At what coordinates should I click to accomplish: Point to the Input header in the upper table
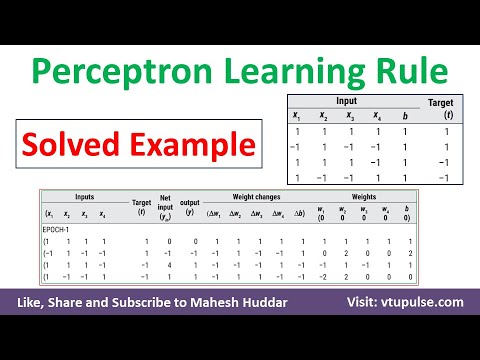coord(345,100)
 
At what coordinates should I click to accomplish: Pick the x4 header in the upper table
coord(375,115)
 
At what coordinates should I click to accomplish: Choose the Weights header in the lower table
coord(364,196)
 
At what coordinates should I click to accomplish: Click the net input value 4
coord(166,264)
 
